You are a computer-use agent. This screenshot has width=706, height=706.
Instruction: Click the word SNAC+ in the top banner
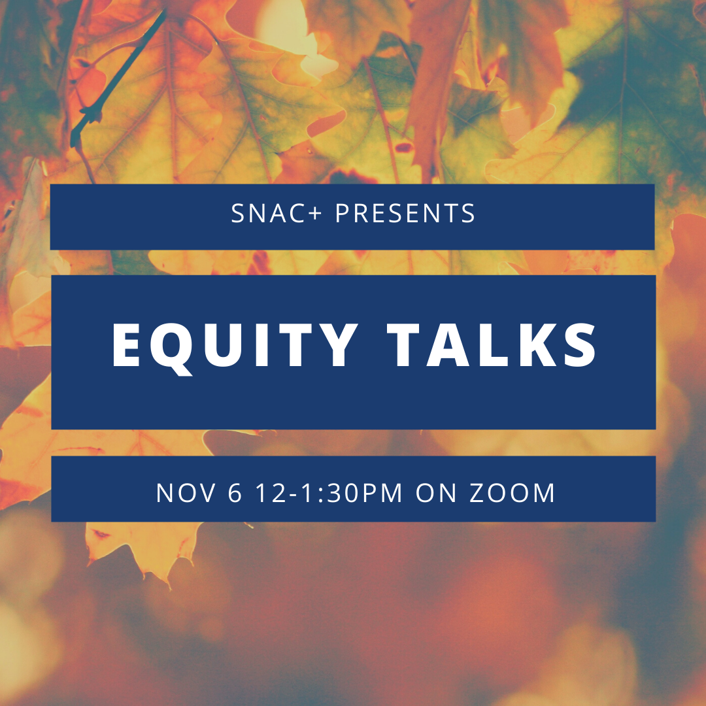pos(277,213)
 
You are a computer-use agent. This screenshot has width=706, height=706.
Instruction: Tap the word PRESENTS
pos(405,213)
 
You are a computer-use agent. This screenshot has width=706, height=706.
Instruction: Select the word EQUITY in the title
pos(234,346)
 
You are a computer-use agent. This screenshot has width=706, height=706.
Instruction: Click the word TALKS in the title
pos(492,345)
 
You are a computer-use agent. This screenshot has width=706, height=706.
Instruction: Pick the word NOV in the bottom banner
pos(186,493)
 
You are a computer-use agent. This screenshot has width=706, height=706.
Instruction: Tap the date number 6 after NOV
pos(235,493)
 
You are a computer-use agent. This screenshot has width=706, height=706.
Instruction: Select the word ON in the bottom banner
pos(436,493)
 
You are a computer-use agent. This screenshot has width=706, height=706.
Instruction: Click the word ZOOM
pos(512,493)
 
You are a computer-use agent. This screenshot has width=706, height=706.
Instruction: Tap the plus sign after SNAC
pos(316,213)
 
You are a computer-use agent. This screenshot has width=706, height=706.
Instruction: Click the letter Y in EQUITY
pos(336,345)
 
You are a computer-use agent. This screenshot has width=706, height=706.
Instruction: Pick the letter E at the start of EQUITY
pos(126,345)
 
